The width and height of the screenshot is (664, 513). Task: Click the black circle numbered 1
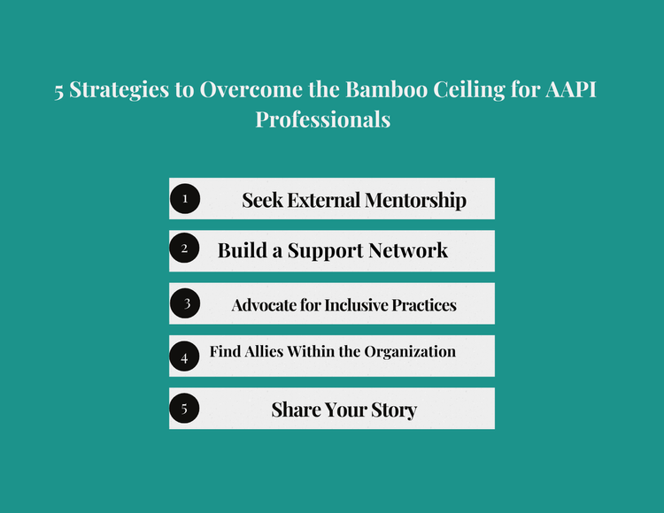click(x=185, y=199)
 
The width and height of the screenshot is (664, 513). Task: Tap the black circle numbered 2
click(x=185, y=249)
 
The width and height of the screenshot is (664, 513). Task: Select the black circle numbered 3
click(x=185, y=303)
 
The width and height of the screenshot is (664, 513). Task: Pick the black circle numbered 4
click(x=185, y=357)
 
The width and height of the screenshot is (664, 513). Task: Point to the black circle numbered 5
click(x=185, y=409)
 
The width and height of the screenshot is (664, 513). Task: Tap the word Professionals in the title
click(x=322, y=119)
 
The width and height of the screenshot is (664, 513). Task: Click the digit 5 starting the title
click(x=59, y=93)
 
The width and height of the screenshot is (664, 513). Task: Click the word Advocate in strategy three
click(x=263, y=305)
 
